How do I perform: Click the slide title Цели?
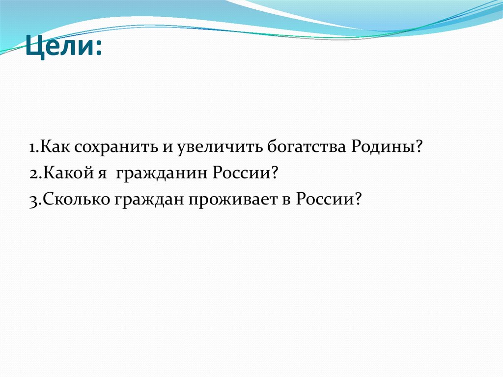pos(64,48)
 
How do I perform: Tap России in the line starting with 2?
pos(244,174)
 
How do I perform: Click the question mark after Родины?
pos(419,147)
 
